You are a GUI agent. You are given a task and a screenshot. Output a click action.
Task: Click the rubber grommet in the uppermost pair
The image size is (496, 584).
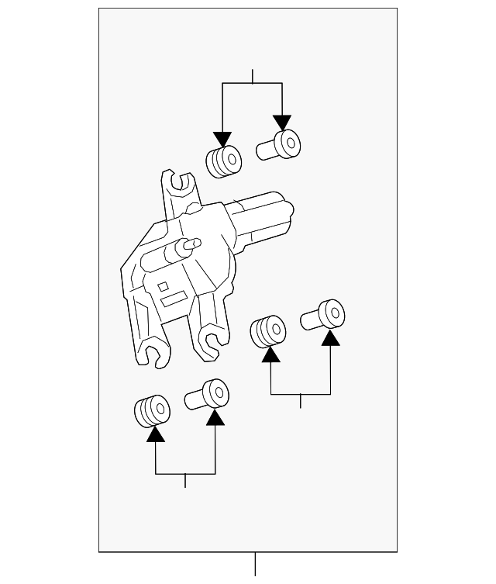pyautogui.click(x=223, y=161)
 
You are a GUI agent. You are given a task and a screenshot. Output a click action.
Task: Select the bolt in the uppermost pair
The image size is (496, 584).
pyautogui.click(x=280, y=145)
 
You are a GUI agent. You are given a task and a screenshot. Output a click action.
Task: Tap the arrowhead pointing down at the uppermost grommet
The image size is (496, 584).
pyautogui.click(x=222, y=139)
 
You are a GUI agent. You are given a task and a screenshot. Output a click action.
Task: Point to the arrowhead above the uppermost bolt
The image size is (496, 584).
pyautogui.click(x=282, y=122)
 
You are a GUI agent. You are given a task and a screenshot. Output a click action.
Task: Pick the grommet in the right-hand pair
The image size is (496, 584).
pyautogui.click(x=268, y=331)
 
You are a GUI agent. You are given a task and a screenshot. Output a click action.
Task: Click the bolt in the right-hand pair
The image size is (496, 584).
pyautogui.click(x=323, y=316)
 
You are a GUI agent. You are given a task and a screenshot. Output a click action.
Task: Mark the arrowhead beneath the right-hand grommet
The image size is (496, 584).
pyautogui.click(x=270, y=354)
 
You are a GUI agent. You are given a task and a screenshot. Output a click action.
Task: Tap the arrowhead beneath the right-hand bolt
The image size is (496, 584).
pyautogui.click(x=330, y=337)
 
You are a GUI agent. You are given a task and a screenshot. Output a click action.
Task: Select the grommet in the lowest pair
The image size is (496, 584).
pyautogui.click(x=152, y=410)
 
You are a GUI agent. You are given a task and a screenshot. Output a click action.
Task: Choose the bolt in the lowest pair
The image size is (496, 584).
pyautogui.click(x=208, y=396)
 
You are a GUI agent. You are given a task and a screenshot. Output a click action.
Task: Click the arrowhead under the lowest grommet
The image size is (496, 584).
pyautogui.click(x=156, y=434)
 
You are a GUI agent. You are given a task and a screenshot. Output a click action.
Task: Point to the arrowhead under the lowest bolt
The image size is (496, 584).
pyautogui.click(x=215, y=417)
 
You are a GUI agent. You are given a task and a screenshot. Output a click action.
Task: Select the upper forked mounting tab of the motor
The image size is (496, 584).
pyautogui.click(x=179, y=187)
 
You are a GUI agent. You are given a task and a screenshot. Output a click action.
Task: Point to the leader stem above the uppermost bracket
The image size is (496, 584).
pyautogui.click(x=253, y=76)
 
